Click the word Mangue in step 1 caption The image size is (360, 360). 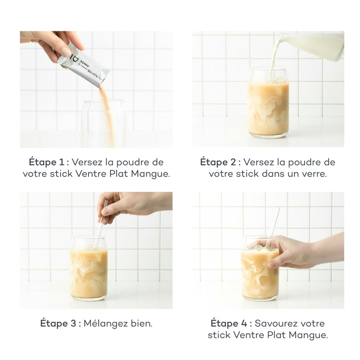(x=152, y=174)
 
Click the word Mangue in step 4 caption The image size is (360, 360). (x=309, y=336)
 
